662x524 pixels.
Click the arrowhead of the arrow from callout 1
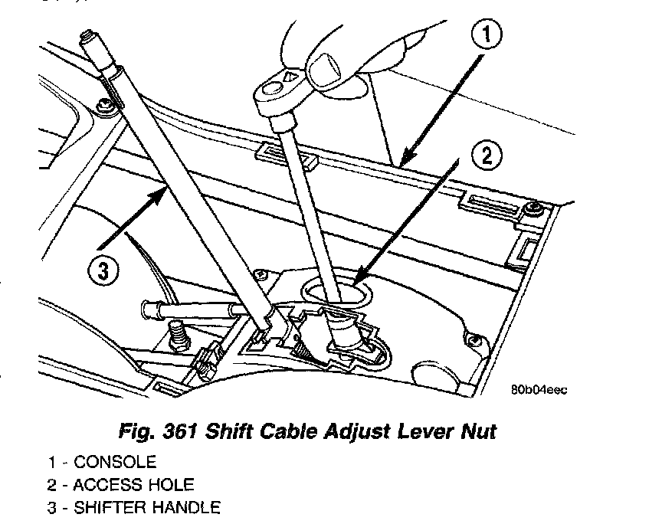pos(400,162)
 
